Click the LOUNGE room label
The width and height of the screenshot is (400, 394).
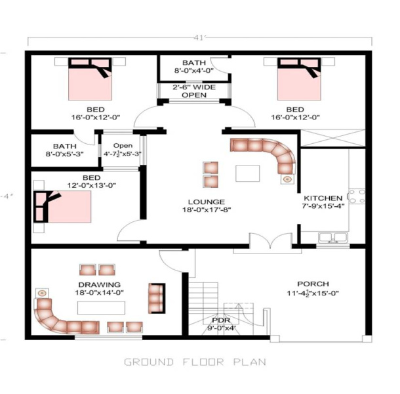(x=207, y=202)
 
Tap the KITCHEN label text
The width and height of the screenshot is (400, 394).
(x=323, y=198)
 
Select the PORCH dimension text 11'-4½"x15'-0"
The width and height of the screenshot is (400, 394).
(x=313, y=293)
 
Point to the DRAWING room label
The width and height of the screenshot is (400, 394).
(x=100, y=284)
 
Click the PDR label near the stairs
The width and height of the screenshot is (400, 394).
(x=221, y=320)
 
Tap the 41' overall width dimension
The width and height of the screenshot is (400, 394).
(x=200, y=38)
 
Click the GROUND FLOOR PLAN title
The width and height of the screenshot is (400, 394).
(x=195, y=362)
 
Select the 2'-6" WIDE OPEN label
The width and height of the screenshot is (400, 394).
(x=194, y=91)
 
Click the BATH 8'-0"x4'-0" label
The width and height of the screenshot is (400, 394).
(x=194, y=66)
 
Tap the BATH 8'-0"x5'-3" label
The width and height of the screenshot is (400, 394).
(x=65, y=150)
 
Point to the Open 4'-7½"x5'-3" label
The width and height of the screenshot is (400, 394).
(x=123, y=150)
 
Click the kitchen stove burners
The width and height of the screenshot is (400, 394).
(x=357, y=196)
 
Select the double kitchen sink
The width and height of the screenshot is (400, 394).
(x=332, y=237)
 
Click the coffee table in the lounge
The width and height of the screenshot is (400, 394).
(x=248, y=173)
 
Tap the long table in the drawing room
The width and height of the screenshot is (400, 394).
(x=101, y=308)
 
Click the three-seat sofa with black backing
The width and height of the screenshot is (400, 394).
(x=157, y=298)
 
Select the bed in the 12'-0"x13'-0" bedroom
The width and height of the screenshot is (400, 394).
(x=62, y=206)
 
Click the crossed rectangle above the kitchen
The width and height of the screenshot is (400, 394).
(x=333, y=139)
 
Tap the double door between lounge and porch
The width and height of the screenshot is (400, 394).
(x=270, y=241)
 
